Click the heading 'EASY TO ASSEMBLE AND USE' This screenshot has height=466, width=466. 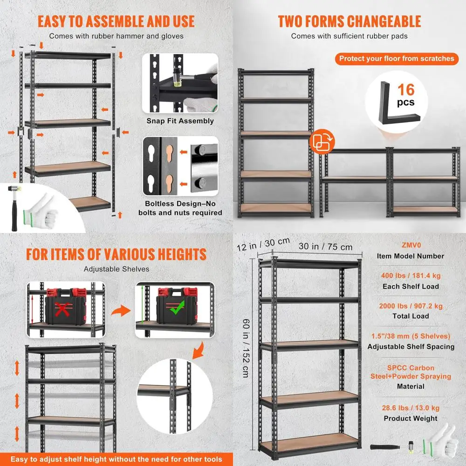(116, 21)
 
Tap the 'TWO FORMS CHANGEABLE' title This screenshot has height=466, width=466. (349, 21)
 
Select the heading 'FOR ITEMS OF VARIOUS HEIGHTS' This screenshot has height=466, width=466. (116, 254)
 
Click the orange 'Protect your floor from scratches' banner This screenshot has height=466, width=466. (396, 58)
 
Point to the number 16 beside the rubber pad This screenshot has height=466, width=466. (405, 89)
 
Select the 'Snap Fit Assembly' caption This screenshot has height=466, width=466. (180, 121)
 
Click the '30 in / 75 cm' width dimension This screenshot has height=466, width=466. (326, 247)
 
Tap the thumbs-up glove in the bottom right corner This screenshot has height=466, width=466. (441, 440)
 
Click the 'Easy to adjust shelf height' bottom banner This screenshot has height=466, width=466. (116, 459)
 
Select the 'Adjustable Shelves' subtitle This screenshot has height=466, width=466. (116, 269)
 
